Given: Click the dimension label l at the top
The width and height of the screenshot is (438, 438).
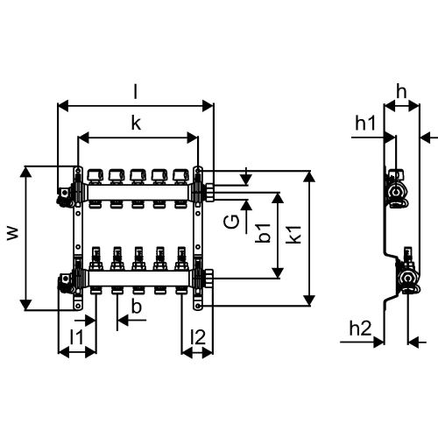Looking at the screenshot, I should click(x=135, y=91).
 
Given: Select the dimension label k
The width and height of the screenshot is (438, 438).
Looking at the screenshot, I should click(x=135, y=124).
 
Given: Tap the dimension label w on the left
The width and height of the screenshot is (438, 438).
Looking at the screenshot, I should click(x=11, y=234).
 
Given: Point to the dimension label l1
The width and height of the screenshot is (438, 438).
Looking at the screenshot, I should click(x=76, y=336).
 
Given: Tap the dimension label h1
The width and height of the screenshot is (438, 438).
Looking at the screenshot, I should click(x=365, y=124).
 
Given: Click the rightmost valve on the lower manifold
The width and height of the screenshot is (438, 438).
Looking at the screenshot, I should click(x=180, y=259).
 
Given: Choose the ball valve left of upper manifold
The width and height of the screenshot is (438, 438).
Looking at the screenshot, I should click(x=63, y=192).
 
